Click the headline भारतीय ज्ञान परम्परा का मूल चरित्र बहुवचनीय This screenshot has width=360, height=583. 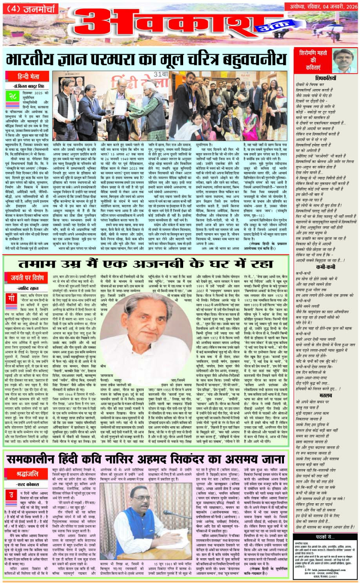click(x=146, y=59)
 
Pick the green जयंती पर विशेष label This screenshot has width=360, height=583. click(x=28, y=276)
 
